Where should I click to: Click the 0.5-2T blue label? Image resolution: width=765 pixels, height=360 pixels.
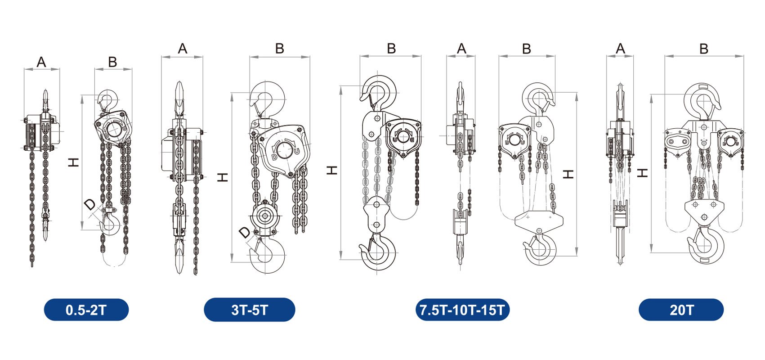(86, 310)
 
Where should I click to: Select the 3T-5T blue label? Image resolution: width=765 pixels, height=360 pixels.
(250, 310)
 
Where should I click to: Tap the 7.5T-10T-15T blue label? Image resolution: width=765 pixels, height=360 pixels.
(462, 310)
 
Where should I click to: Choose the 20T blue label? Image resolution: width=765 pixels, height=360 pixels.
(681, 310)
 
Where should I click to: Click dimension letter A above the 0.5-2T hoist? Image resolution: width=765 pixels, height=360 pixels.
(41, 62)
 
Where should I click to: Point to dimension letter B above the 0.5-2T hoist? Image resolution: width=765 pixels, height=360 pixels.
(112, 62)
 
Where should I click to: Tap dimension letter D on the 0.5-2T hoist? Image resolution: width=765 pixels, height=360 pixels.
(90, 204)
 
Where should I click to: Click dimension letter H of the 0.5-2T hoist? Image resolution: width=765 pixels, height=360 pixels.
(73, 162)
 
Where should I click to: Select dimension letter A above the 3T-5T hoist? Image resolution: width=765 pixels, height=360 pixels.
(183, 49)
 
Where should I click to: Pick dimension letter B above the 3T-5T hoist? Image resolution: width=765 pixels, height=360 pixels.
(280, 49)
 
